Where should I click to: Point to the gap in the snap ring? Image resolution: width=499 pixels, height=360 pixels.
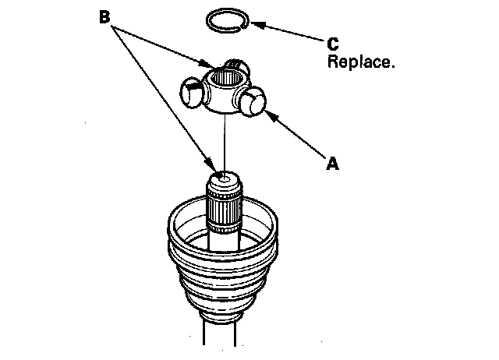tap(243, 23)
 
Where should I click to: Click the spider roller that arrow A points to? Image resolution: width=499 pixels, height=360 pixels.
tap(252, 104)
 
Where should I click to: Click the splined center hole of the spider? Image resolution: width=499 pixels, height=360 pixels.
tap(226, 79)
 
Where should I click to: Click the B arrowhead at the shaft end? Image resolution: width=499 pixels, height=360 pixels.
tap(211, 166)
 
